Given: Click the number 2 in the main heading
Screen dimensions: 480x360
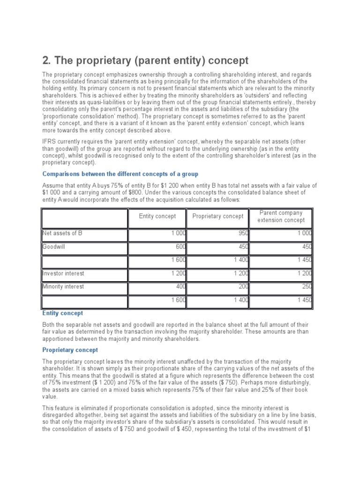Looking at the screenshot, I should pos(46,60).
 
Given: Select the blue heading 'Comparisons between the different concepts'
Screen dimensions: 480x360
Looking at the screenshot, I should pos(120,174).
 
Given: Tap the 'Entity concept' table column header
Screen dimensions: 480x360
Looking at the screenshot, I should pos(157,216).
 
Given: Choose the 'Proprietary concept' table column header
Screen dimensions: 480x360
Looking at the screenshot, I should pos(217,216).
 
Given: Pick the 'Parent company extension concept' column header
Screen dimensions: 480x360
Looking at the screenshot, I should pos(281,216).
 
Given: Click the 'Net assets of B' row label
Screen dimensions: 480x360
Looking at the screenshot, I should pos(62,233).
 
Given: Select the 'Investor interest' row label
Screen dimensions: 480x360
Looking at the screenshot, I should pos(63,273).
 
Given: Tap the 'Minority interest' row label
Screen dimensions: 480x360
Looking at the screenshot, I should pos(63,286).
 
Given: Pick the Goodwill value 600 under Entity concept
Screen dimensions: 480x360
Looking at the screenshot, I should pos(180,247).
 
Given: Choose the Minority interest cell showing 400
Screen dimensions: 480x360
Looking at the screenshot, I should pos(180,287).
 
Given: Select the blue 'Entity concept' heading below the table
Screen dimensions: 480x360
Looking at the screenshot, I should pos(62,313).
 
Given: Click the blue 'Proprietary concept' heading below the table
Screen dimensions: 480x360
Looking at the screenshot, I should pos(70,350).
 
